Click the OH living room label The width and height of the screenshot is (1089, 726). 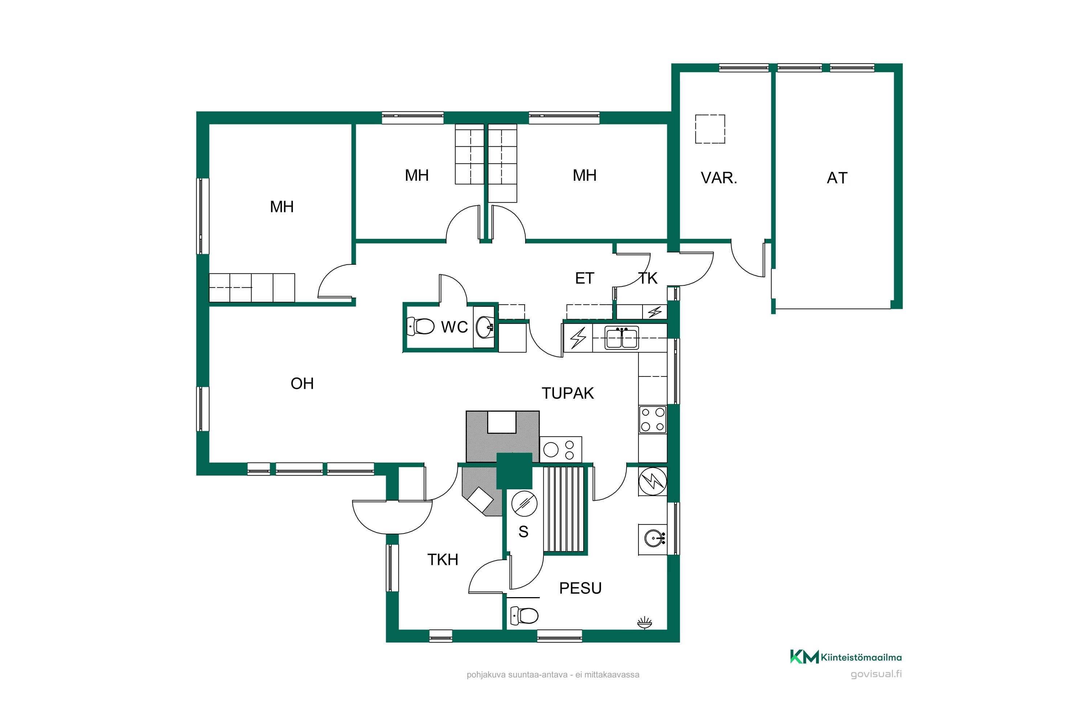[x=302, y=383]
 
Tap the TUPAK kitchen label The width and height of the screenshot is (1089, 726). [x=568, y=393]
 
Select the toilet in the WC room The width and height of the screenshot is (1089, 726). [x=420, y=326]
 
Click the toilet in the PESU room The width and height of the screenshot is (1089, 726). [x=524, y=615]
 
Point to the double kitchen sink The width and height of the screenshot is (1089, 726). [x=622, y=338]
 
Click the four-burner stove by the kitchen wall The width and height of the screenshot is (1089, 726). [x=653, y=420]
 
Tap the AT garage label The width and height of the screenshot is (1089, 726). [x=837, y=178]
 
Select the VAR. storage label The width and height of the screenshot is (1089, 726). [x=719, y=178]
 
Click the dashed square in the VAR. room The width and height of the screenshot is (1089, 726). [x=710, y=129]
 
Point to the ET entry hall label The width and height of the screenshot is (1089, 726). [x=584, y=278]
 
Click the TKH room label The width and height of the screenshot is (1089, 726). [x=442, y=560]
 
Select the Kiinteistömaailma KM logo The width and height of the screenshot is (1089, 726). [x=845, y=657]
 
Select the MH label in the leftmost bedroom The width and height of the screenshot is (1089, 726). [x=282, y=207]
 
